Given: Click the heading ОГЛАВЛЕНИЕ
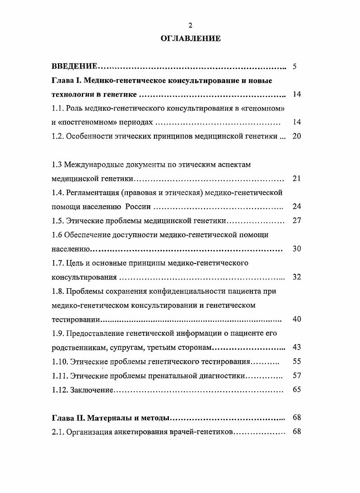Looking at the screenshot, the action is point(191,38).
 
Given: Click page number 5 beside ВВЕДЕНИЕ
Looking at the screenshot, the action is point(295,67).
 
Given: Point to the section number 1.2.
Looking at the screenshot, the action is point(57,136).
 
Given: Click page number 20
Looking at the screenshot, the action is point(297,136).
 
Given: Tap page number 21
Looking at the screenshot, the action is point(297,178).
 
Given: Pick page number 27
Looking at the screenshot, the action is point(297,221).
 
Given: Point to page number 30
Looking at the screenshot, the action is point(297,249).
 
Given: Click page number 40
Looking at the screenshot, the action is point(297,319).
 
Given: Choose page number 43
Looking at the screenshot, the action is point(297,347).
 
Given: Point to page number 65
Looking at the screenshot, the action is point(297,390).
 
